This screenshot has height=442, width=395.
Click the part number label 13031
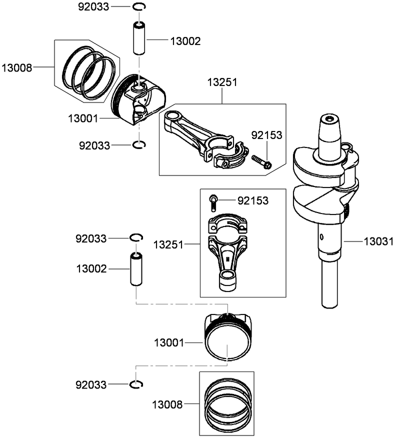click(378, 241)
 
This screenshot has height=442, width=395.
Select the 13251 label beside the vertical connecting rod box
click(168, 245)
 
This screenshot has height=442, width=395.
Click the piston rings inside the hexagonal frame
click(87, 71)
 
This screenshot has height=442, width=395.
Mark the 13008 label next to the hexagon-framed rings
click(16, 67)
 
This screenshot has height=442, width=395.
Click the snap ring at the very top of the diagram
click(139, 6)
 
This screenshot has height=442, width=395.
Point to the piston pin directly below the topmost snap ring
click(139, 38)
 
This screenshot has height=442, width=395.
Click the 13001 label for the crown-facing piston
click(169, 343)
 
